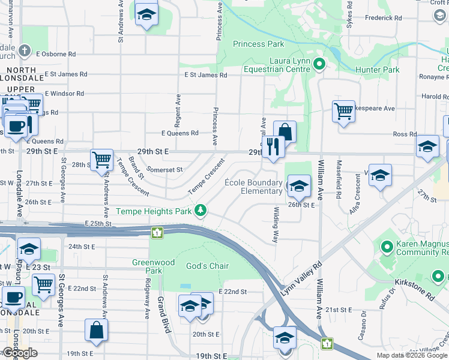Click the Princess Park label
click(258, 44)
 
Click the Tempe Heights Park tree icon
click(200, 211)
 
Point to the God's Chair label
click(208, 266)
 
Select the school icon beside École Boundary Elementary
click(298, 186)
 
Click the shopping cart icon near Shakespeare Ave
click(343, 111)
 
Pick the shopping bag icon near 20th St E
click(96, 329)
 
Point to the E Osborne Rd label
click(55, 53)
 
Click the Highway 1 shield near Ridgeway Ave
click(157, 232)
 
